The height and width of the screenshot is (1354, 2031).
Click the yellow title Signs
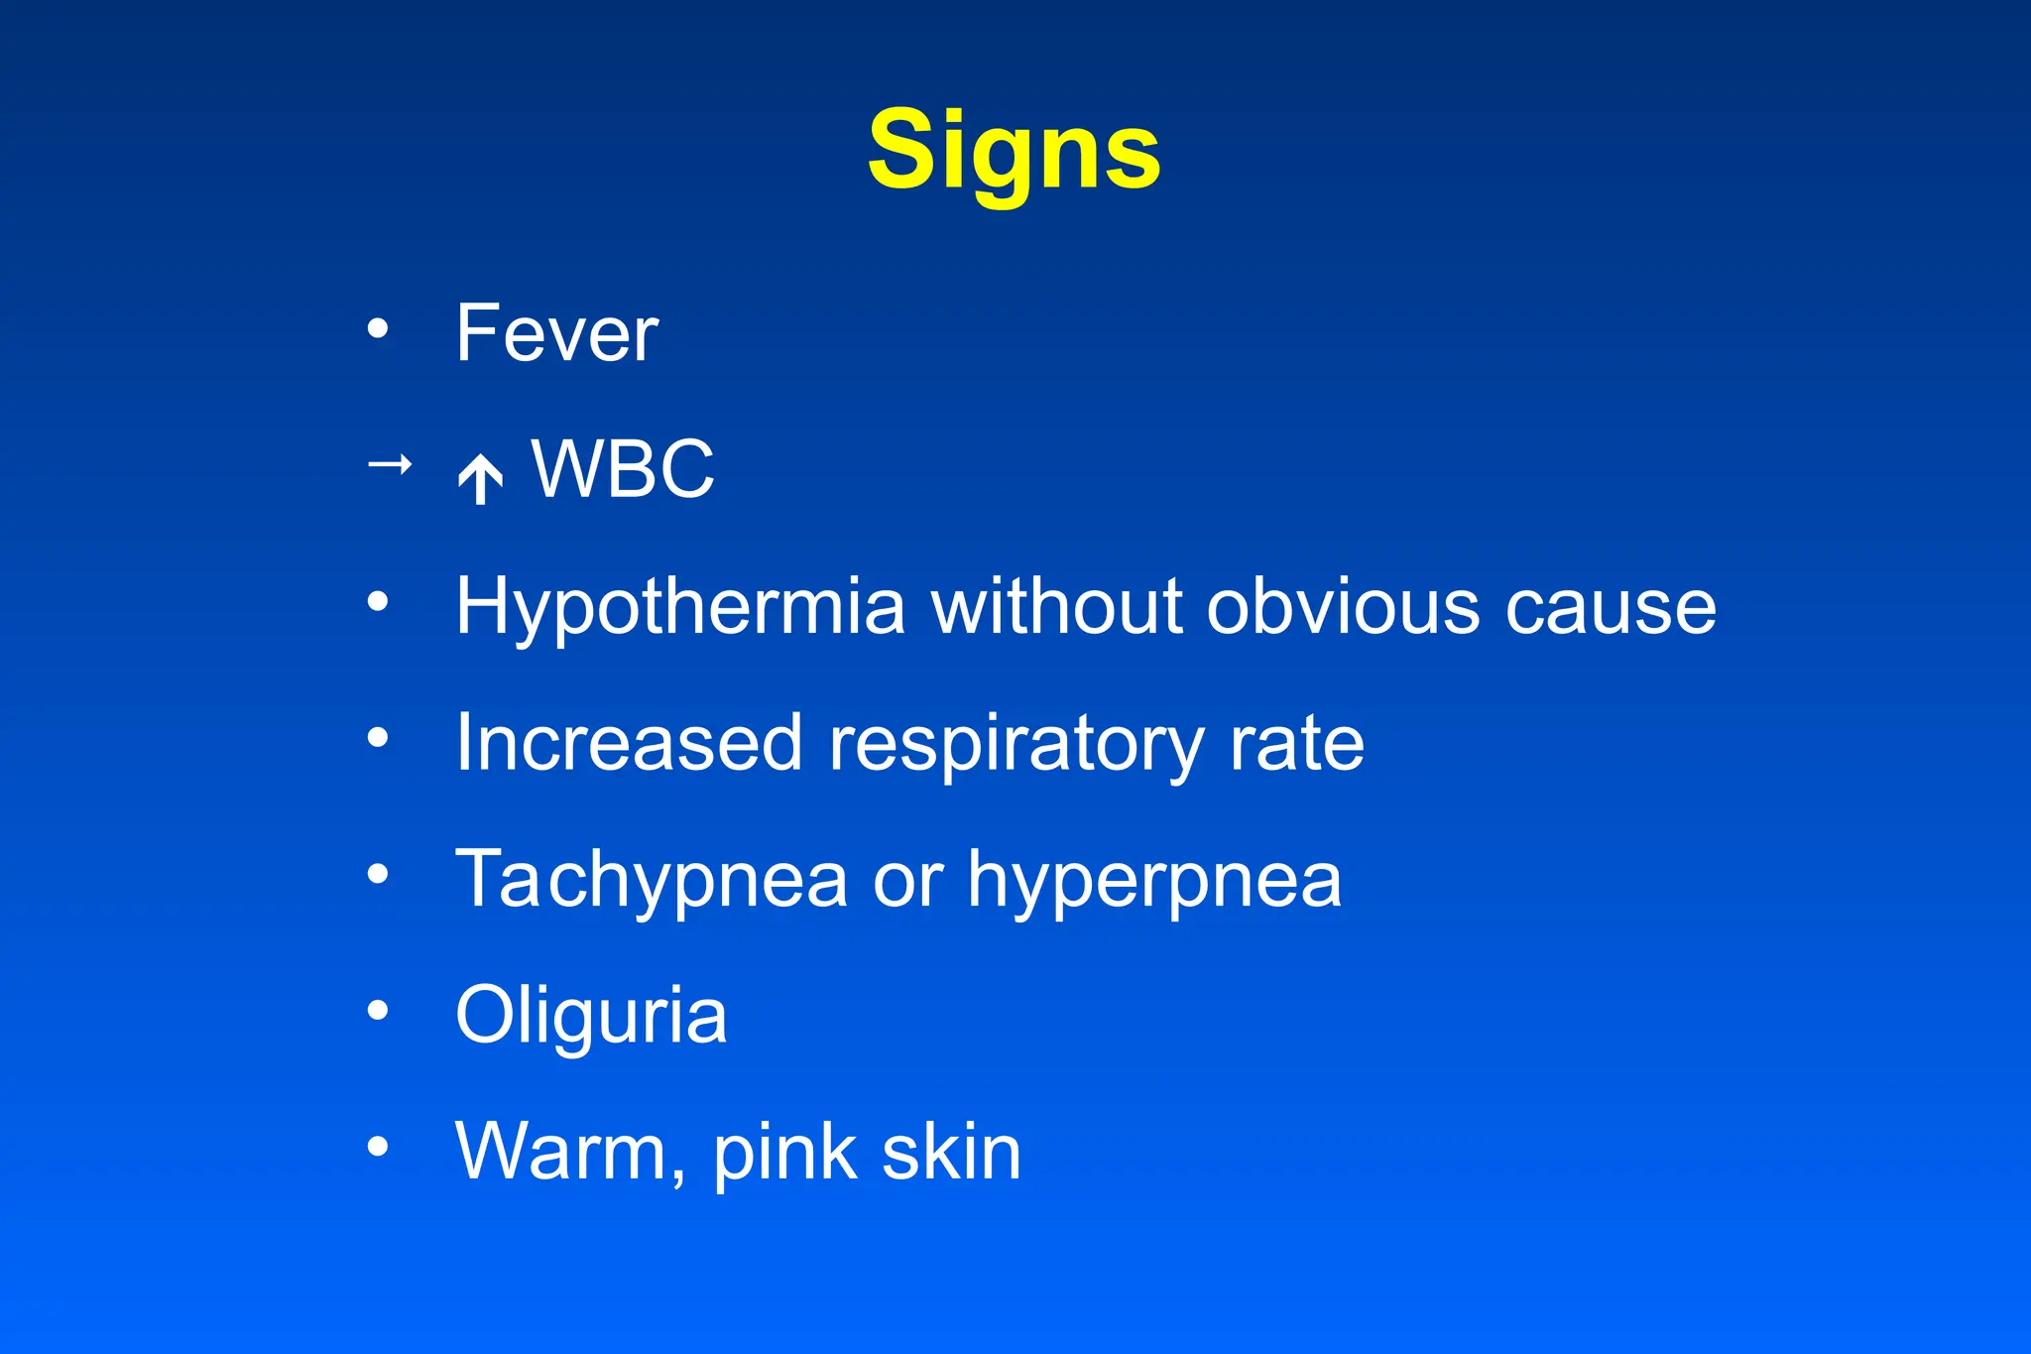tap(1014, 151)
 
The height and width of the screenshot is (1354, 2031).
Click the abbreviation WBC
tap(623, 469)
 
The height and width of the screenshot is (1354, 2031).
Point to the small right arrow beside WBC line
tap(390, 463)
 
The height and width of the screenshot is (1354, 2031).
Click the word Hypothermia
tap(680, 607)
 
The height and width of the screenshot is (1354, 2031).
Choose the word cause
tap(1611, 607)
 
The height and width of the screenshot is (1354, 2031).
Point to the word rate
tap(1297, 744)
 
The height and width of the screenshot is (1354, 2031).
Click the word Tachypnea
tap(652, 881)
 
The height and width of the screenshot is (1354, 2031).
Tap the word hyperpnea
tap(1154, 881)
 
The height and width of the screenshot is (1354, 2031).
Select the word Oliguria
tap(591, 1016)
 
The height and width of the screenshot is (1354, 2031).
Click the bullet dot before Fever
tap(378, 328)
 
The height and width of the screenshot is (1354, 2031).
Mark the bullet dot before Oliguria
tap(378, 1011)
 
